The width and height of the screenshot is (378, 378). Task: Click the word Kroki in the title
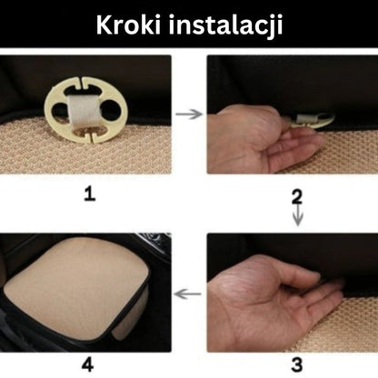click(x=128, y=25)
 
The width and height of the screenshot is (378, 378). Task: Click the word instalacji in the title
click(x=225, y=26)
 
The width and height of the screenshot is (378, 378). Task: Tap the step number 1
click(x=90, y=194)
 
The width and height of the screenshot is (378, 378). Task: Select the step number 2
click(x=297, y=196)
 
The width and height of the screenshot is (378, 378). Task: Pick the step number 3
click(x=297, y=364)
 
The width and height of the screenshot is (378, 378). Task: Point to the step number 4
click(x=88, y=364)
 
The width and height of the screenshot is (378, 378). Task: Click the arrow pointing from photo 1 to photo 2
click(x=189, y=114)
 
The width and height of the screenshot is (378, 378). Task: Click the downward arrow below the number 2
click(x=298, y=215)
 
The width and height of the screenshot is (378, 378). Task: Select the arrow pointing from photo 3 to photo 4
click(x=188, y=293)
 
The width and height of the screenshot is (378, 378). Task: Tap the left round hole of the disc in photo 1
click(x=60, y=110)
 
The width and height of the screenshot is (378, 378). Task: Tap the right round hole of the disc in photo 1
click(x=111, y=110)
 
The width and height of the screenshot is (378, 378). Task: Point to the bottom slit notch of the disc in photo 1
click(x=92, y=136)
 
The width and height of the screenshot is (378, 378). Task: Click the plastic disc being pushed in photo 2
click(x=313, y=121)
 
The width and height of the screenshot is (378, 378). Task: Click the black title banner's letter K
click(x=104, y=25)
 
